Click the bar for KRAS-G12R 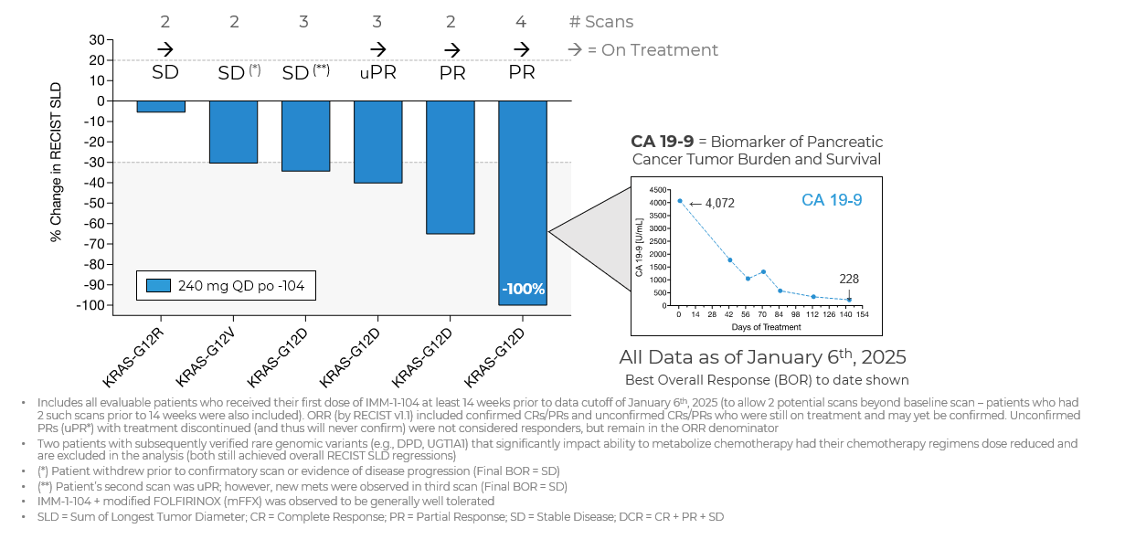pyautogui.click(x=161, y=106)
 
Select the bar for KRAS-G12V pyautogui.click(x=233, y=132)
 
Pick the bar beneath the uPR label pyautogui.click(x=377, y=142)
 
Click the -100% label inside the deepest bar pyautogui.click(x=523, y=290)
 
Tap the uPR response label pyautogui.click(x=377, y=71)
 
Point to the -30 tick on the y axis pyautogui.click(x=95, y=163)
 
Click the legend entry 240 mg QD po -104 pyautogui.click(x=228, y=286)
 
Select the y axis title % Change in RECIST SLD pyautogui.click(x=57, y=162)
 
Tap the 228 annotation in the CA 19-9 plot pyautogui.click(x=849, y=279)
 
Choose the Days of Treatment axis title pyautogui.click(x=765, y=326)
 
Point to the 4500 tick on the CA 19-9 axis pyautogui.click(x=659, y=189)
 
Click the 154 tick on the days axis pyautogui.click(x=862, y=314)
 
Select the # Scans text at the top pyautogui.click(x=600, y=22)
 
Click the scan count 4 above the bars pyautogui.click(x=522, y=22)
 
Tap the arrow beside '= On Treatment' pyautogui.click(x=576, y=50)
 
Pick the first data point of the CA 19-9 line pyautogui.click(x=679, y=201)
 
